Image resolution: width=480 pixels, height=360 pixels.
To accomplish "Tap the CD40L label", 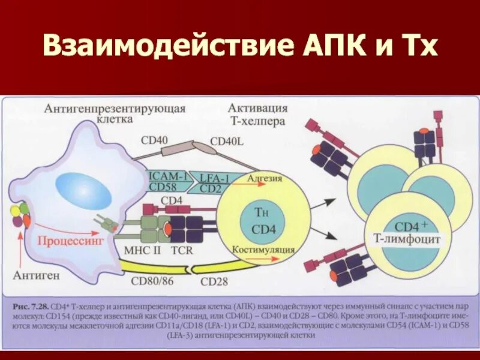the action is tap(227, 142).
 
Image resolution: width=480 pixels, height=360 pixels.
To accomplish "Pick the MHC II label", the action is tap(142, 250).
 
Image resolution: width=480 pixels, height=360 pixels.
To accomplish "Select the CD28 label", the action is tap(214, 281).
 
